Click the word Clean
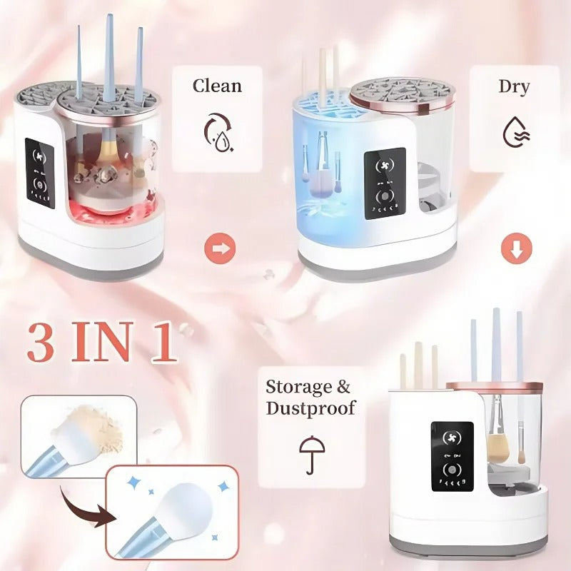[218, 86]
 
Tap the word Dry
[514, 87]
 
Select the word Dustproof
[310, 409]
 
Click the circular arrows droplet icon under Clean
[216, 133]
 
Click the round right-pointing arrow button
[220, 249]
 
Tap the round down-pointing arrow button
[516, 249]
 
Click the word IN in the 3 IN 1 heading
[102, 345]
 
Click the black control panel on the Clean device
[40, 172]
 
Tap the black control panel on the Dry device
[384, 183]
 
